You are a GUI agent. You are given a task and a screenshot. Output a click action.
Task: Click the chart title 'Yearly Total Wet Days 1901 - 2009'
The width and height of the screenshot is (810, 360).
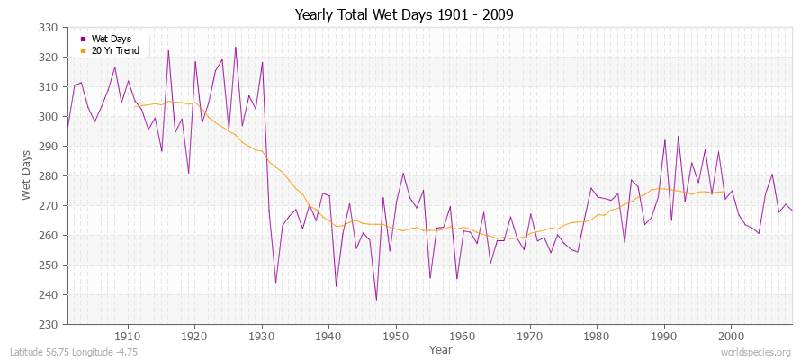point(404,15)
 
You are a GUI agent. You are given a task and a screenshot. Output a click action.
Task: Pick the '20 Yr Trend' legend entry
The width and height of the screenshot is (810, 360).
point(115,50)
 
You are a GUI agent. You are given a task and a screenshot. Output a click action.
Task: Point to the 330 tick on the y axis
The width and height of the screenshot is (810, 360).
point(49,28)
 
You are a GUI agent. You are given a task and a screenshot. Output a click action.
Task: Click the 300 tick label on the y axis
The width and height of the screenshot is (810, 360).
point(49,117)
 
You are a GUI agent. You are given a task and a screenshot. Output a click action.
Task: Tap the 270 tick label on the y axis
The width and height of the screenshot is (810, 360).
point(49,206)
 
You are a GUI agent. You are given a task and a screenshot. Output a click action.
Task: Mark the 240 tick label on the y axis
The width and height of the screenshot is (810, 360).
point(49,295)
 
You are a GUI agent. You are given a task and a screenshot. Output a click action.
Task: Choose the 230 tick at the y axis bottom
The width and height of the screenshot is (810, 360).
point(49,325)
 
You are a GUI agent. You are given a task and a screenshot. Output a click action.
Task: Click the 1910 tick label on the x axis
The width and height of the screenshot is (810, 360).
point(128,336)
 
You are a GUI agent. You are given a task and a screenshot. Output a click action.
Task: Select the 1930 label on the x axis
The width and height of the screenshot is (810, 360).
point(262,336)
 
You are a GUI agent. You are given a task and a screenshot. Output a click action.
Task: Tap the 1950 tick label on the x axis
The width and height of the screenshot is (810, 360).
point(396,336)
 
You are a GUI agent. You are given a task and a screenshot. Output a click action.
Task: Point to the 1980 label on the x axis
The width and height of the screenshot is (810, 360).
point(597,336)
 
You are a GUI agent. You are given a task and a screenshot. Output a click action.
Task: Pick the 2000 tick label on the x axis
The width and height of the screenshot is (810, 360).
point(731,336)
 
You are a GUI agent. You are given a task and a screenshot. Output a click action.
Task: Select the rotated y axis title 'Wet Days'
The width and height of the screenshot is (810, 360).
point(27,176)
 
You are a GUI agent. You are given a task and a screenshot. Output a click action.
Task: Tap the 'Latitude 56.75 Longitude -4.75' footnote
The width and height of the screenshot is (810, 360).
point(72,353)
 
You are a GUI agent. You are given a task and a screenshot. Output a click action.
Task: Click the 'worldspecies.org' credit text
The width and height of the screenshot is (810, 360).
point(755,353)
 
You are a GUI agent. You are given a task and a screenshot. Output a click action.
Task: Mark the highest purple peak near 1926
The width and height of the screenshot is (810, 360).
point(236,48)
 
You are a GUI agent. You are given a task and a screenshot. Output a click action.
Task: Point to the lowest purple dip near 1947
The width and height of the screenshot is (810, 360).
point(376,300)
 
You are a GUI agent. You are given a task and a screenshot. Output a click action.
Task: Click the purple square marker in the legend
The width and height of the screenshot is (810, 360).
point(84,39)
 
